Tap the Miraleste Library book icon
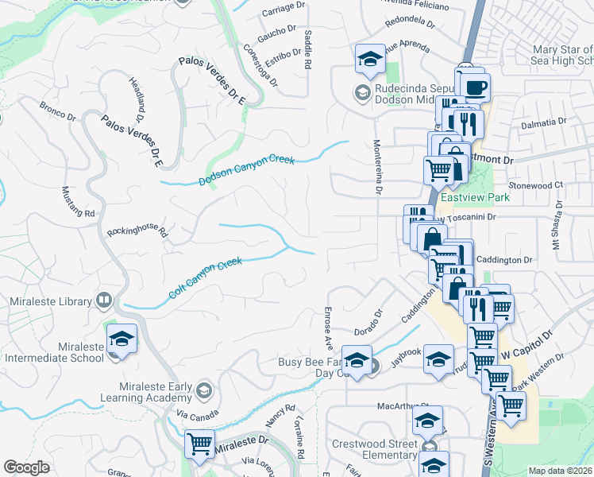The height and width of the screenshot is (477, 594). point(103,300)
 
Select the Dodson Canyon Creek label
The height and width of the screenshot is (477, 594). point(246,170)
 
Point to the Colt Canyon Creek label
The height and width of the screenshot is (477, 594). point(205,277)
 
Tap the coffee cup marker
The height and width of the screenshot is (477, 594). point(476,88)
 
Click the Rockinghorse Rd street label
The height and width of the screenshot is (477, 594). point(138,230)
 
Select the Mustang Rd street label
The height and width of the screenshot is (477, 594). point(79,203)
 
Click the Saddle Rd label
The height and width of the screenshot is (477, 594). point(307,49)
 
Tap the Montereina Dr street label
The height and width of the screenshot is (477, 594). point(378,169)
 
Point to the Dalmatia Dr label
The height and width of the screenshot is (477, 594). point(543,123)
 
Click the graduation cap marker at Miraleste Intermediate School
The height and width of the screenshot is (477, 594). point(122,339)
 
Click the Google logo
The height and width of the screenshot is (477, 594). point(26,467)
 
